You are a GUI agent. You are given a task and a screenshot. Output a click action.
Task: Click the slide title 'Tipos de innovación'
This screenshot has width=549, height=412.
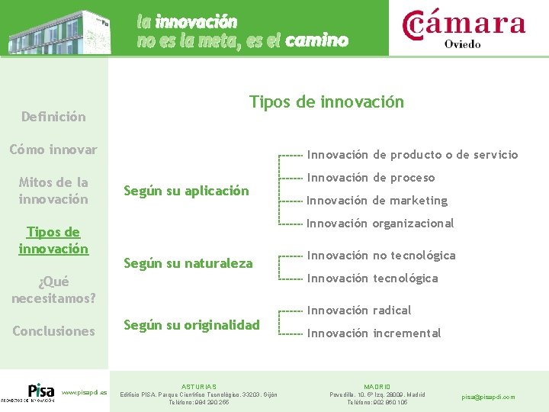326,102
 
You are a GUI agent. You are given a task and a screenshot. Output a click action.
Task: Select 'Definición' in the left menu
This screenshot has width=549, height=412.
53,117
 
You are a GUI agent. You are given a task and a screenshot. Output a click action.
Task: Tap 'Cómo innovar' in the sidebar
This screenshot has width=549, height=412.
53,150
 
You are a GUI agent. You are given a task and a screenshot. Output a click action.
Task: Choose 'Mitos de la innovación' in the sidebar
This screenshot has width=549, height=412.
53,191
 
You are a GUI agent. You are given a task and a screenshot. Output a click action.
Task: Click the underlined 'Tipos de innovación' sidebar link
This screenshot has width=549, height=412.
53,240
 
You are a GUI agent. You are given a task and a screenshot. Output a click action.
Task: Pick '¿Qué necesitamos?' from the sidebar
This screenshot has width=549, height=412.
53,289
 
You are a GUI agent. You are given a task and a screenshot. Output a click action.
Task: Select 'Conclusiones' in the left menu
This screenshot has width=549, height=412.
53,331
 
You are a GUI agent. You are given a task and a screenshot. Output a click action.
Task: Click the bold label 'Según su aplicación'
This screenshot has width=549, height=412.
186,191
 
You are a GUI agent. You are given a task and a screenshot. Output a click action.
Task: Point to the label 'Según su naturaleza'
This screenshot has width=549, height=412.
188,263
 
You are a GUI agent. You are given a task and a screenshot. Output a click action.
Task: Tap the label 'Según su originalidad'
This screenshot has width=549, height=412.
191,324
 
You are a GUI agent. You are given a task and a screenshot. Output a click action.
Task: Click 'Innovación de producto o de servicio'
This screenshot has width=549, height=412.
412,155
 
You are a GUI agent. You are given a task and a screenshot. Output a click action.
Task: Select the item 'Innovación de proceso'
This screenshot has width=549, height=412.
371,178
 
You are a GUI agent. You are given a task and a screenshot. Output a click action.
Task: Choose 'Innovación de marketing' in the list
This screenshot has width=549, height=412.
377,201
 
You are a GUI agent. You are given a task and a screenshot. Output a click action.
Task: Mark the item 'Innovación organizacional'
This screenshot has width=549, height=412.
380,224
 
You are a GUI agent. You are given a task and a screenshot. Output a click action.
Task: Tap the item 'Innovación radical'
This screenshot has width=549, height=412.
358,311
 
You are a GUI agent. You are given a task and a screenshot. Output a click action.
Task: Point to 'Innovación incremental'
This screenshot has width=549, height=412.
374,333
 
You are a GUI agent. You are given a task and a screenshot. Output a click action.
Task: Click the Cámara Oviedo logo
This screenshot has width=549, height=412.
463,28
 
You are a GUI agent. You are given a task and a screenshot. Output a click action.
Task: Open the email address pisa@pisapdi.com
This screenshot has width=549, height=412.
489,397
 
